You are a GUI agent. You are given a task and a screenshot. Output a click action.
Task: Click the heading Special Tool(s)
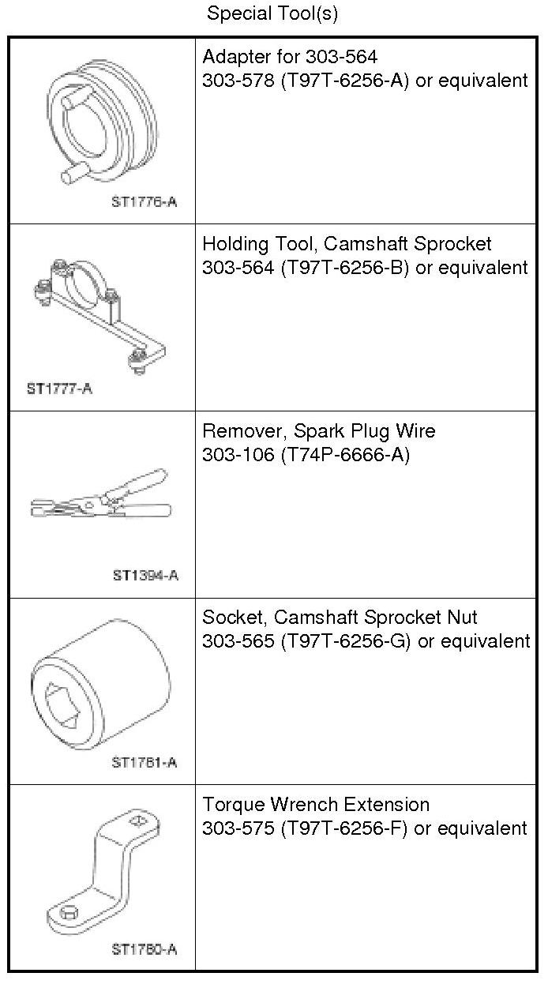click(x=272, y=13)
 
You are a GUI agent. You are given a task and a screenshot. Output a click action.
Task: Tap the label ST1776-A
click(x=145, y=201)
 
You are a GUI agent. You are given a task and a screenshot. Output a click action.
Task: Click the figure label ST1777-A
click(x=59, y=389)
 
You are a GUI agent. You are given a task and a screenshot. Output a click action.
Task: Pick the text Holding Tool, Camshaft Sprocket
click(x=347, y=244)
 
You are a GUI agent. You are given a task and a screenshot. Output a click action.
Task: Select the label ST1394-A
click(x=145, y=575)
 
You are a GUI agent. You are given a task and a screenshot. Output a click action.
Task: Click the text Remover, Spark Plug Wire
click(x=318, y=431)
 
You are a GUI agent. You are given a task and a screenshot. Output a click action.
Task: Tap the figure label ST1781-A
click(x=145, y=762)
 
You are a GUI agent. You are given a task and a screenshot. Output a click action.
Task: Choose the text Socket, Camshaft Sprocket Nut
click(x=340, y=617)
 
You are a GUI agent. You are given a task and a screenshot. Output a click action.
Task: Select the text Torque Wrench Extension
click(x=316, y=805)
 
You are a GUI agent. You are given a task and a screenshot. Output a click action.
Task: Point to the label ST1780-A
click(x=145, y=948)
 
